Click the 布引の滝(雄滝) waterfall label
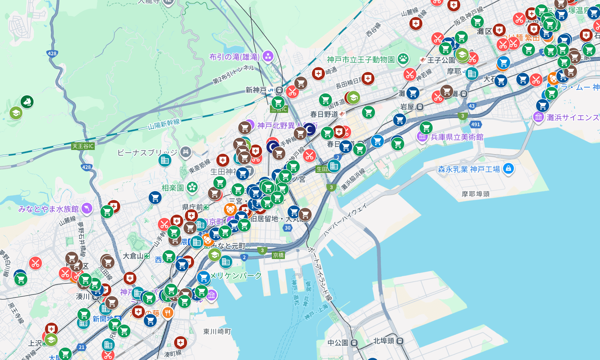[234, 57]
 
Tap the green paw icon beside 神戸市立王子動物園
[403, 59]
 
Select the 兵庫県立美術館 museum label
[457, 137]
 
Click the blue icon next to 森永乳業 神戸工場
[508, 168]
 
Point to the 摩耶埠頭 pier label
[475, 194]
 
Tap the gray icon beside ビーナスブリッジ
[185, 152]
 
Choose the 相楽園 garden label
[173, 188]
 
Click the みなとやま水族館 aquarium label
[48, 209]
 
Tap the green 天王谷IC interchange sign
[83, 146]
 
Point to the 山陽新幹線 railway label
[164, 125]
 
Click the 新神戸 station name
[256, 90]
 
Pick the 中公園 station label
[338, 342]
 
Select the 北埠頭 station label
[383, 341]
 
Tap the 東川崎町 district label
[217, 331]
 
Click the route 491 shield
[475, 124]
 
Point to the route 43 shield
[472, 106]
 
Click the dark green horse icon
[27, 102]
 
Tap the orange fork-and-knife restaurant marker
[167, 313]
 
